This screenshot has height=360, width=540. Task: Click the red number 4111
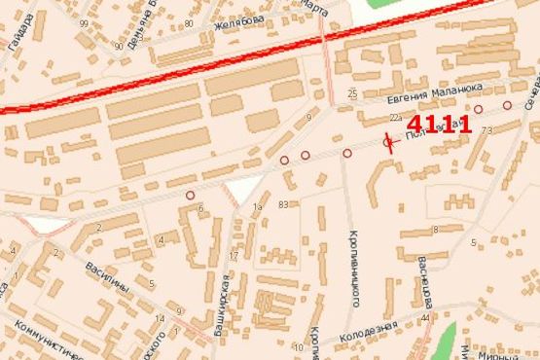tap(439, 125)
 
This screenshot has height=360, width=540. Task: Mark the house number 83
tap(284, 204)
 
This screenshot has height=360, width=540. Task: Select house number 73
tap(486, 129)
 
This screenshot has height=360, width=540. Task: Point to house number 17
tap(233, 256)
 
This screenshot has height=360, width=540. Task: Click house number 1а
tap(258, 207)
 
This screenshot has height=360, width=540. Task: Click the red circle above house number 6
tap(190, 195)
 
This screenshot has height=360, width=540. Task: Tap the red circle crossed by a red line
tap(388, 144)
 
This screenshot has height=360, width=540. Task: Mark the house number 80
tap(187, 22)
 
